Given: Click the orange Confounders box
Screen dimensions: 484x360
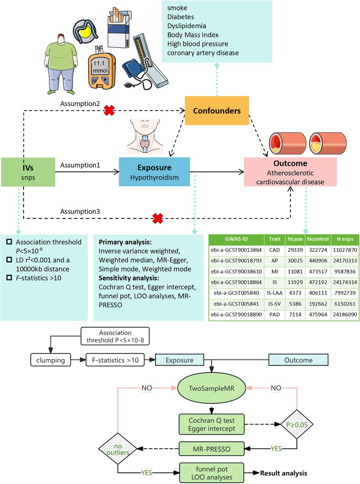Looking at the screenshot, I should [x=217, y=111].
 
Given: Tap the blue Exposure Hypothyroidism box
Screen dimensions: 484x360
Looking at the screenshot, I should [x=154, y=172].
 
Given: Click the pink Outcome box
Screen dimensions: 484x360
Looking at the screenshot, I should [x=291, y=171].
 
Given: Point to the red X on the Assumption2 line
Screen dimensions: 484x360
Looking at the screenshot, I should [x=110, y=111].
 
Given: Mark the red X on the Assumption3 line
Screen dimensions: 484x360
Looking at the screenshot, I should [x=157, y=218].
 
